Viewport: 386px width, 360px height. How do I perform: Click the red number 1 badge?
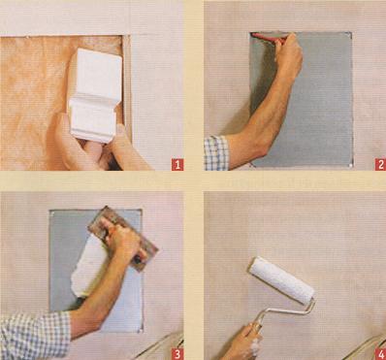177,165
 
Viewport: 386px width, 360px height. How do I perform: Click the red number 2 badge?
380,165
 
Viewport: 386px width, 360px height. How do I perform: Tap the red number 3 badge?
177,354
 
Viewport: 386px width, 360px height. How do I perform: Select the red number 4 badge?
380,354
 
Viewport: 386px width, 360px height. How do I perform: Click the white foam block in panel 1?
94,94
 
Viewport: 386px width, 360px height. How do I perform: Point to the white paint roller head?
281,280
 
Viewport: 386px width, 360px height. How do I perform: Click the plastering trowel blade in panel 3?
123,238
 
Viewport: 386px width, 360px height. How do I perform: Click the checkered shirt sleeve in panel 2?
217,153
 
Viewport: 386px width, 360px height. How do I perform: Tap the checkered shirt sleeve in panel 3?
35,336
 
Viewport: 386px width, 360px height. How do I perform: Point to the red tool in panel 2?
269,38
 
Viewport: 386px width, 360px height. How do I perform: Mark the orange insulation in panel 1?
36,97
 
